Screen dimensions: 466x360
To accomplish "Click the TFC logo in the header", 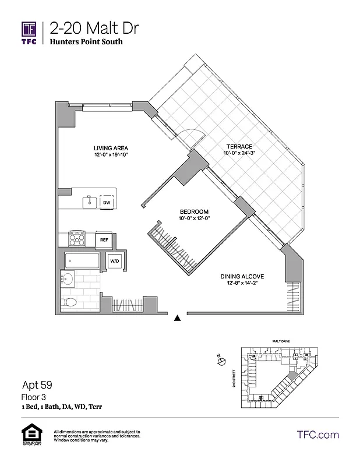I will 30,33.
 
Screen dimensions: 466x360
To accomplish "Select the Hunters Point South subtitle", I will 86,42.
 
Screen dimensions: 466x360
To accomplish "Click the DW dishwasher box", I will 107,203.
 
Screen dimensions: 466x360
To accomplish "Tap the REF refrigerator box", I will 104,239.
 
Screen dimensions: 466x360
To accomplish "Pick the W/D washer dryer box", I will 114,261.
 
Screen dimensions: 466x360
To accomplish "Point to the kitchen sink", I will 89,202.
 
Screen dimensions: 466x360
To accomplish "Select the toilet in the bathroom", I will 69,302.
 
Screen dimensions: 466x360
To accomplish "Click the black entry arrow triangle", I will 177,318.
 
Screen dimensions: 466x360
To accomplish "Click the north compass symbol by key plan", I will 221,362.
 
